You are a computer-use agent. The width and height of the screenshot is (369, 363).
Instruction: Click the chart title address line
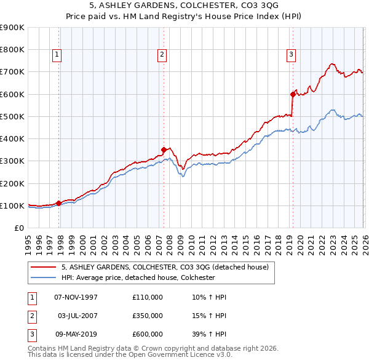click(x=184, y=6)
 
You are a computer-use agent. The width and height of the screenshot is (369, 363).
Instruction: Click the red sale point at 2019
click(x=293, y=94)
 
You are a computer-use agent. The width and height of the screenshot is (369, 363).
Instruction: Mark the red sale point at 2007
click(x=164, y=149)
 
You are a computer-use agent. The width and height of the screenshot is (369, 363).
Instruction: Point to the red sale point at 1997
click(x=59, y=203)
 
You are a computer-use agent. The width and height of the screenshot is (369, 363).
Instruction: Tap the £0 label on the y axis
click(x=18, y=228)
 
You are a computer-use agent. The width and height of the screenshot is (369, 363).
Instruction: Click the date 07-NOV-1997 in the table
click(x=76, y=297)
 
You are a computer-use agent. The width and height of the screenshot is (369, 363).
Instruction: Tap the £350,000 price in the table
click(x=148, y=316)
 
